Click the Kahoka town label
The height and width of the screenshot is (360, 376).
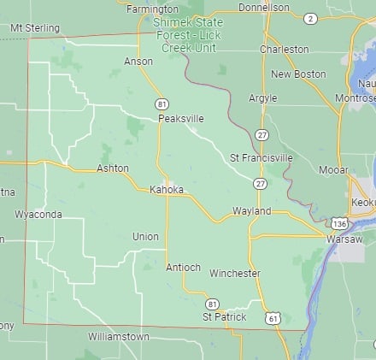tap(166, 189)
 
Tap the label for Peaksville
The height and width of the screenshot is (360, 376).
tap(180, 119)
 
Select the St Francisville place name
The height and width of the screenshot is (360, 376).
tap(261, 158)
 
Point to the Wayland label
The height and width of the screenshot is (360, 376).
tap(251, 210)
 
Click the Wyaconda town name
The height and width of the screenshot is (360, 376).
tap(38, 214)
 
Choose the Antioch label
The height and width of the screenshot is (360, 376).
tap(183, 267)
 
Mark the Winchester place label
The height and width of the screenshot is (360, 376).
tap(235, 274)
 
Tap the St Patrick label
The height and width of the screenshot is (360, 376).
tap(224, 316)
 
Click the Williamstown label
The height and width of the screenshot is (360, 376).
tap(119, 337)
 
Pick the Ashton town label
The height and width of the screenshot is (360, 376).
tap(113, 168)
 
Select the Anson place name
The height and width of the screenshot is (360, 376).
tap(138, 62)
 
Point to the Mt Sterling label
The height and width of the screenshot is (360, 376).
tap(34, 27)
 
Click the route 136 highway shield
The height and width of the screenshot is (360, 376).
tap(340, 223)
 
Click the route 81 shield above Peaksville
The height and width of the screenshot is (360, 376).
tap(162, 103)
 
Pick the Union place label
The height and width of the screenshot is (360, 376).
tap(145, 236)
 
